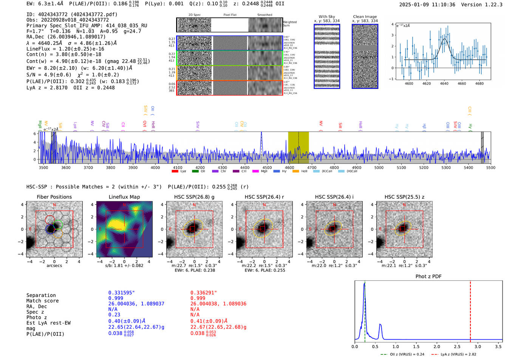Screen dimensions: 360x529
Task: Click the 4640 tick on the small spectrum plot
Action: tap(444, 83)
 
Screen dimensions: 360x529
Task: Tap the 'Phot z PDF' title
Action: tap(428, 277)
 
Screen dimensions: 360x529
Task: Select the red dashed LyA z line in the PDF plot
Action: tap(470, 310)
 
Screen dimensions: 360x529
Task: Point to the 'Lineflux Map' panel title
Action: tap(124, 197)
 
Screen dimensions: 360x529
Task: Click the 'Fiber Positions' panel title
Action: tap(54, 197)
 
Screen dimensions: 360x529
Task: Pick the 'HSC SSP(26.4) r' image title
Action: tap(264, 197)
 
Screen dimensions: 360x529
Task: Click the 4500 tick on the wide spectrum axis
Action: tap(267, 168)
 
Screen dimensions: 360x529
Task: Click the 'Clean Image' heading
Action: tap(365, 17)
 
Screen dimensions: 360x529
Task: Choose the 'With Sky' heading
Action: tap(326, 17)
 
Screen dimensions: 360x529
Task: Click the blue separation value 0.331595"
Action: tap(121, 293)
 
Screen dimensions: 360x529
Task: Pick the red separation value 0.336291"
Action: tap(203, 293)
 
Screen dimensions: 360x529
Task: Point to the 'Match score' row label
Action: tap(42, 301)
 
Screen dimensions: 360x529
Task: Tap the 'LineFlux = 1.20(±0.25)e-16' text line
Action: tap(65, 49)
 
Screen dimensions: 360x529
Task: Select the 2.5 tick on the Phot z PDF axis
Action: tap(457, 346)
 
